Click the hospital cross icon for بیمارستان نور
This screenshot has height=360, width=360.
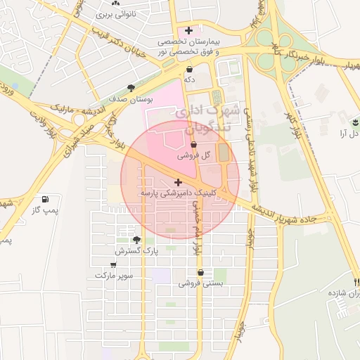pyautogui.click(x=188, y=30)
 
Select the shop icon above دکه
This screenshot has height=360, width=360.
pyautogui.click(x=189, y=70)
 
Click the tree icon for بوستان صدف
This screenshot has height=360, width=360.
pyautogui.click(x=131, y=88)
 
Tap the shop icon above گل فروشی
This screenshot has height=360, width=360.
pyautogui.click(x=193, y=144)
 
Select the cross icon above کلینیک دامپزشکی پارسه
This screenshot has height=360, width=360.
pyautogui.click(x=178, y=181)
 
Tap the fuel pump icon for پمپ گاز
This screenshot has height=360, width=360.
pyautogui.click(x=46, y=199)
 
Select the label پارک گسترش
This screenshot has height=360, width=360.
pyautogui.click(x=137, y=250)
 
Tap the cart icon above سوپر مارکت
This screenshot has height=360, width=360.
pyautogui.click(x=113, y=265)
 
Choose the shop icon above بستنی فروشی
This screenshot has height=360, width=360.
pyautogui.click(x=201, y=272)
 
